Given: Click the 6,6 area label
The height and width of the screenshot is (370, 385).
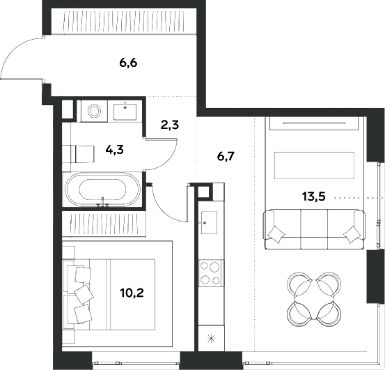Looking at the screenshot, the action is (128, 63).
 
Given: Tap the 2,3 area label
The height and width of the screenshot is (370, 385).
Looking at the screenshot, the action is (170, 125).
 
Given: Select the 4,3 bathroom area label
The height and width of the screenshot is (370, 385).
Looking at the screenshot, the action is (114, 149).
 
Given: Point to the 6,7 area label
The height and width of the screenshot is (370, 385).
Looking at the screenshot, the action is (226, 156).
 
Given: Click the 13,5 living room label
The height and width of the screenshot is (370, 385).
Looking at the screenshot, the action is (313, 196).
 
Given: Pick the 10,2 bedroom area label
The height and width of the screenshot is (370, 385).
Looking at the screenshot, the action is (132, 293).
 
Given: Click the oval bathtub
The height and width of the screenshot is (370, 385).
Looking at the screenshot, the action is (102, 190).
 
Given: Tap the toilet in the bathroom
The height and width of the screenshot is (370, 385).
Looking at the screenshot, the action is (79, 154).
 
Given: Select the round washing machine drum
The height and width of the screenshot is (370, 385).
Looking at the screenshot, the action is (95, 111).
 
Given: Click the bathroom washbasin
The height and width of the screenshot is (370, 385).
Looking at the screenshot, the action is (125, 111).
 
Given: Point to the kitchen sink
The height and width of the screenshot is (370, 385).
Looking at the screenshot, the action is (209, 222).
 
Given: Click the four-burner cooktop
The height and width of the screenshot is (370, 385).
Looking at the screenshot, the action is (210, 273).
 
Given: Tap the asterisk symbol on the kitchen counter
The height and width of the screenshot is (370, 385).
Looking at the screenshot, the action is (211, 339).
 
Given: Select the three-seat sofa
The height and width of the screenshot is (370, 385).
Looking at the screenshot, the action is (314, 229).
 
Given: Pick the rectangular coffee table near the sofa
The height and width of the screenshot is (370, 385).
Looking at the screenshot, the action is (314, 165).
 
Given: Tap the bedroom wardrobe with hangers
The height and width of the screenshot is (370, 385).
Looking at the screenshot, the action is (104, 224).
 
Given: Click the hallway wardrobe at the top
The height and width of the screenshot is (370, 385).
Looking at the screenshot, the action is (124, 21).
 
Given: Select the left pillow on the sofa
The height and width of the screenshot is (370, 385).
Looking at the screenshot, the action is (276, 235).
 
